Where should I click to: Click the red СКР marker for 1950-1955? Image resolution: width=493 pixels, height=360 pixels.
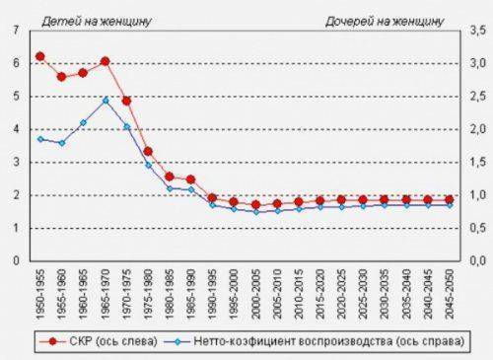[x=40, y=56]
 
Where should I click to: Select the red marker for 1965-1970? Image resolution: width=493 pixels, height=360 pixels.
[x=105, y=61]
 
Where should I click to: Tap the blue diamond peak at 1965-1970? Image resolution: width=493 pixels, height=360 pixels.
[x=105, y=100]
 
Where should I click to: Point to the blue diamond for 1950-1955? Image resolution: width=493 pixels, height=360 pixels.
[x=40, y=139]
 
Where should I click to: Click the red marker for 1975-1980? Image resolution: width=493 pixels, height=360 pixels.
[x=148, y=151]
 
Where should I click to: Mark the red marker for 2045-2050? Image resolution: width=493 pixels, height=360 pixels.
[x=449, y=199]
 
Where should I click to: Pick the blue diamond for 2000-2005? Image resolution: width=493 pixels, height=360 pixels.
[x=255, y=211]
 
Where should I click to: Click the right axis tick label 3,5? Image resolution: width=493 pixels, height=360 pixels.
[x=476, y=31]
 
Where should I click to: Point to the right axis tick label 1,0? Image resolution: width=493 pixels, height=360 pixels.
[x=476, y=195]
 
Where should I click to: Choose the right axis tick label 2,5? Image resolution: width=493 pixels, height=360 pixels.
[x=476, y=97]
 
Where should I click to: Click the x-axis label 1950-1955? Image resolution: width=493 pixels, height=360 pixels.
[x=40, y=291]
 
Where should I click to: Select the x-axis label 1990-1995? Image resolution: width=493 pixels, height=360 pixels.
[x=212, y=291]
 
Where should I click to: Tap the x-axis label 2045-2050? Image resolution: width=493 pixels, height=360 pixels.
[x=449, y=291]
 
